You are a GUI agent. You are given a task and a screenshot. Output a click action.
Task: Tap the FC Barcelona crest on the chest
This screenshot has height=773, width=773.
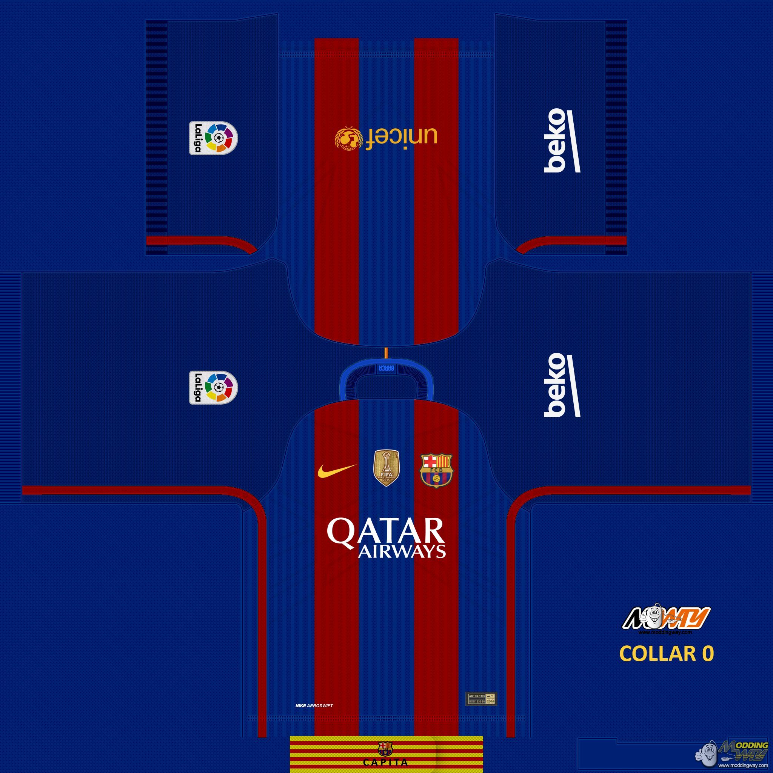[436, 470]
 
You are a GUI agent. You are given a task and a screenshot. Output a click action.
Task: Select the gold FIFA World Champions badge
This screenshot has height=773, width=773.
[386, 468]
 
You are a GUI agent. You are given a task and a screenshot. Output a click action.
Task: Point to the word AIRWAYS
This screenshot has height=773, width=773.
[402, 552]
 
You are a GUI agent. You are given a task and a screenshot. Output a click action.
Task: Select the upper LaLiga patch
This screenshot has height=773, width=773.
[213, 138]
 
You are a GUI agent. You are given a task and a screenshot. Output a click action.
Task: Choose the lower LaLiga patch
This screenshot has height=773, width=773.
[213, 387]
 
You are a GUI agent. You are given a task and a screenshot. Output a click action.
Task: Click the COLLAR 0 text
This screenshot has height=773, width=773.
[666, 653]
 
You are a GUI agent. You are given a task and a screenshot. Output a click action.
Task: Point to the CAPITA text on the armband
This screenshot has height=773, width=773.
[386, 762]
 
